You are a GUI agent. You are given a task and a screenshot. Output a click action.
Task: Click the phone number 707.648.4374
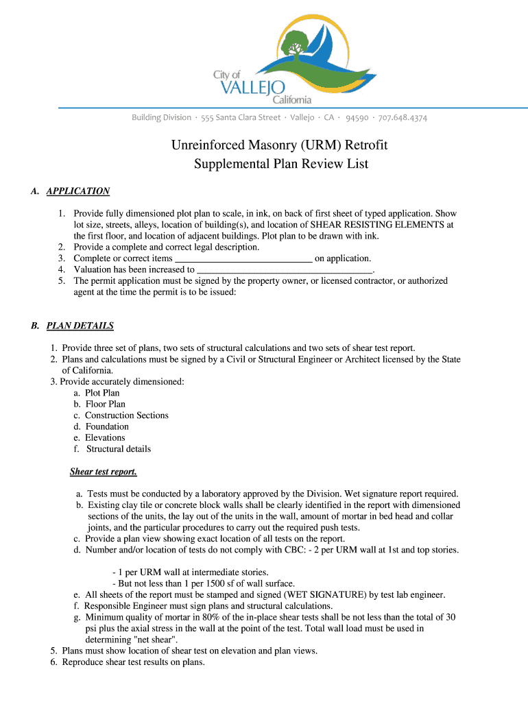click(x=400, y=118)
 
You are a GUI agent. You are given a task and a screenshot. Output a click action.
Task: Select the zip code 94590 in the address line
click(x=357, y=118)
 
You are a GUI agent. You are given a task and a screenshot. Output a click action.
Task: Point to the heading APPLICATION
click(x=77, y=191)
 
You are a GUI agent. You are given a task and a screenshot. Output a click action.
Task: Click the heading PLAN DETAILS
click(x=80, y=326)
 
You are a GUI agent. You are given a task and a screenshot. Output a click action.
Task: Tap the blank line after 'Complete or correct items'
click(x=244, y=259)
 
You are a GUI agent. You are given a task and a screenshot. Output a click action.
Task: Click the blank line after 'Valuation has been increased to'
click(x=285, y=270)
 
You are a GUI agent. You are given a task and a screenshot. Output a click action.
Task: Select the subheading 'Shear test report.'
click(x=104, y=472)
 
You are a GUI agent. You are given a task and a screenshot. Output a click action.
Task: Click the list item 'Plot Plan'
click(x=102, y=393)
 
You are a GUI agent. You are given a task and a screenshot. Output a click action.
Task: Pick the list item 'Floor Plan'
click(x=105, y=404)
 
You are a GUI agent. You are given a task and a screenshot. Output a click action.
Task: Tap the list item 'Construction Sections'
click(x=126, y=415)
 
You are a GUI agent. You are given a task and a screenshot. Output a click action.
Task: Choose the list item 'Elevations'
click(x=105, y=438)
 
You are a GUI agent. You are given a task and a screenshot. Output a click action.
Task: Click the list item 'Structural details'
click(x=119, y=449)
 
